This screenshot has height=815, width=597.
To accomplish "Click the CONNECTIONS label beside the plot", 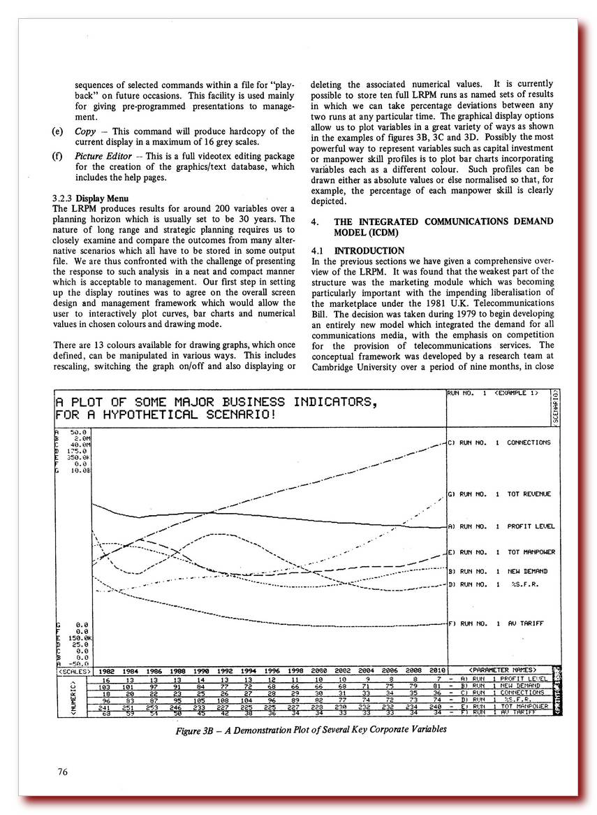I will (x=528, y=442).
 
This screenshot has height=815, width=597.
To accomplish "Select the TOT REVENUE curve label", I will (x=529, y=494).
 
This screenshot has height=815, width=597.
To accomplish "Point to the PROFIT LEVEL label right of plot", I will (x=529, y=526).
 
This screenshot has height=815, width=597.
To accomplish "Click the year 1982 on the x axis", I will (x=106, y=670).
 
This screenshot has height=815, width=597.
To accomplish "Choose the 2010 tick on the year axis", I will (x=436, y=670).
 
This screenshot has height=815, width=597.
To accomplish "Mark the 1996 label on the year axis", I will (x=272, y=670).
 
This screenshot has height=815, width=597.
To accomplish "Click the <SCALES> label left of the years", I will (x=72, y=670).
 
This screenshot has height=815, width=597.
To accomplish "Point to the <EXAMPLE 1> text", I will (x=517, y=394).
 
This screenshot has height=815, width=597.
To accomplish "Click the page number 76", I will (x=63, y=772).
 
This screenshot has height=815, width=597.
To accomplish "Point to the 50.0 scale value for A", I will (x=78, y=432).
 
